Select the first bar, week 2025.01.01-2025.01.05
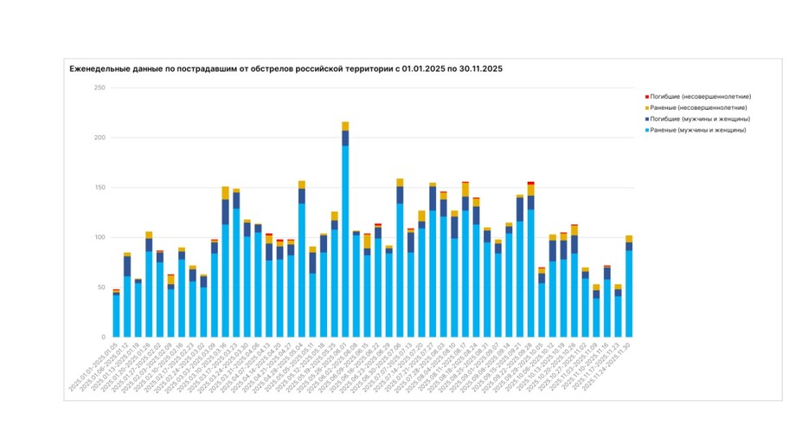pyautogui.click(x=116, y=316)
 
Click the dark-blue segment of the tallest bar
pyautogui.click(x=345, y=138)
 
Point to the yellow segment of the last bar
pyautogui.click(x=629, y=239)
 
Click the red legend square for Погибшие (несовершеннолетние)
pyautogui.click(x=647, y=96)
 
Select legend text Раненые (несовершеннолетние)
pyautogui.click(x=696, y=107)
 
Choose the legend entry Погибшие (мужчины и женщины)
pyautogui.click(x=696, y=119)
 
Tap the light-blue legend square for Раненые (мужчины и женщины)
pyautogui.click(x=647, y=130)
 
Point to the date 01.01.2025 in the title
pyautogui.click(x=427, y=68)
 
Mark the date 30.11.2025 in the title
pyautogui.click(x=493, y=68)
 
